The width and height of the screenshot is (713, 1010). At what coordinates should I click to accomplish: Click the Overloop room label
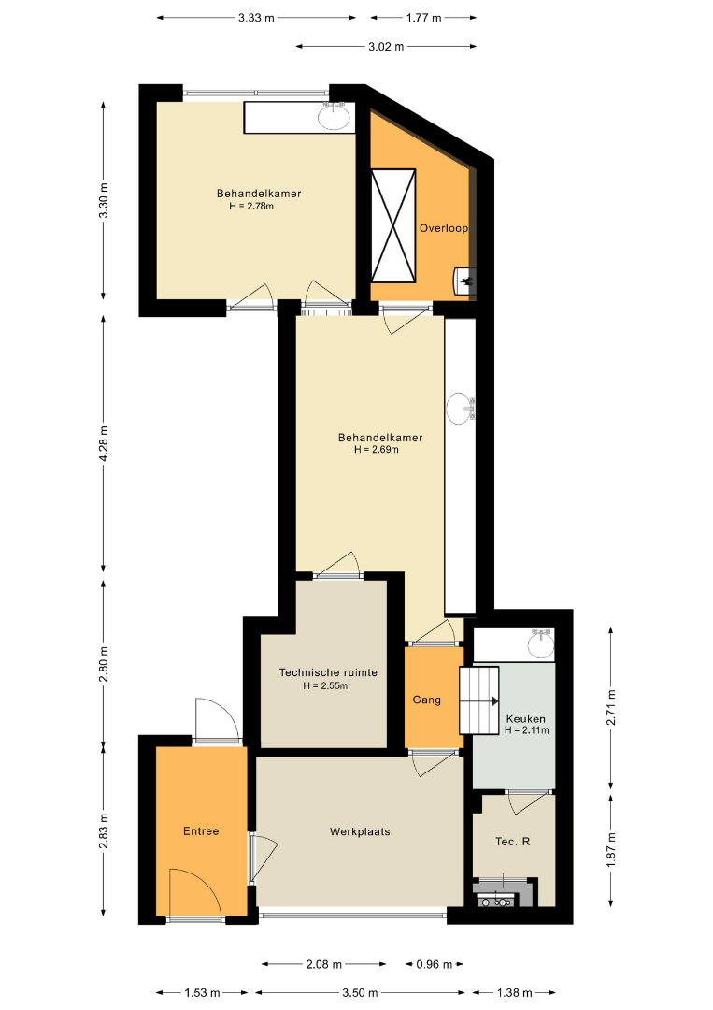[443, 228]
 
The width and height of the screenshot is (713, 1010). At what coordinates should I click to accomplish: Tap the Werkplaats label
[360, 831]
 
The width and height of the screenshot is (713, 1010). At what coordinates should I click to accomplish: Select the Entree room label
[201, 831]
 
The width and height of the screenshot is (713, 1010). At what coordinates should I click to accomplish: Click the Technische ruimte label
[328, 672]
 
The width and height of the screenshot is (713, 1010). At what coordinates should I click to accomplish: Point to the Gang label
[427, 700]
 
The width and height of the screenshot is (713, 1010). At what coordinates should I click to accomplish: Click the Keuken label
[526, 719]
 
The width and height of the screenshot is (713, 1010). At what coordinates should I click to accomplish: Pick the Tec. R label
[513, 842]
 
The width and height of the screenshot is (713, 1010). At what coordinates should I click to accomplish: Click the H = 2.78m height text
[251, 206]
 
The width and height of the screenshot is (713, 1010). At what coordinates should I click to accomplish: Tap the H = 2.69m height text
[377, 450]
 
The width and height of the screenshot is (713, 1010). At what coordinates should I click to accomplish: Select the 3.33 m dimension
[256, 18]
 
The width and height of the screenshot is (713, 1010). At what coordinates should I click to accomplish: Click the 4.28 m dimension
[104, 444]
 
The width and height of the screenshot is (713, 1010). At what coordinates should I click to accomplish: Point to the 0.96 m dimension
[435, 964]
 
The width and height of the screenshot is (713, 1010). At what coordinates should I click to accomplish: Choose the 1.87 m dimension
[611, 850]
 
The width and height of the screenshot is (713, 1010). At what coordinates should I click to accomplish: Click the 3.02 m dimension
[386, 47]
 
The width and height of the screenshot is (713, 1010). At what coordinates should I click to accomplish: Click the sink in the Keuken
[541, 643]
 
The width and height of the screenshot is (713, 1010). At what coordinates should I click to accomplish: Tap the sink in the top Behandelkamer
[334, 116]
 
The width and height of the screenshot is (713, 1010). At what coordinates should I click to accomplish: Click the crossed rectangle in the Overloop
[393, 225]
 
